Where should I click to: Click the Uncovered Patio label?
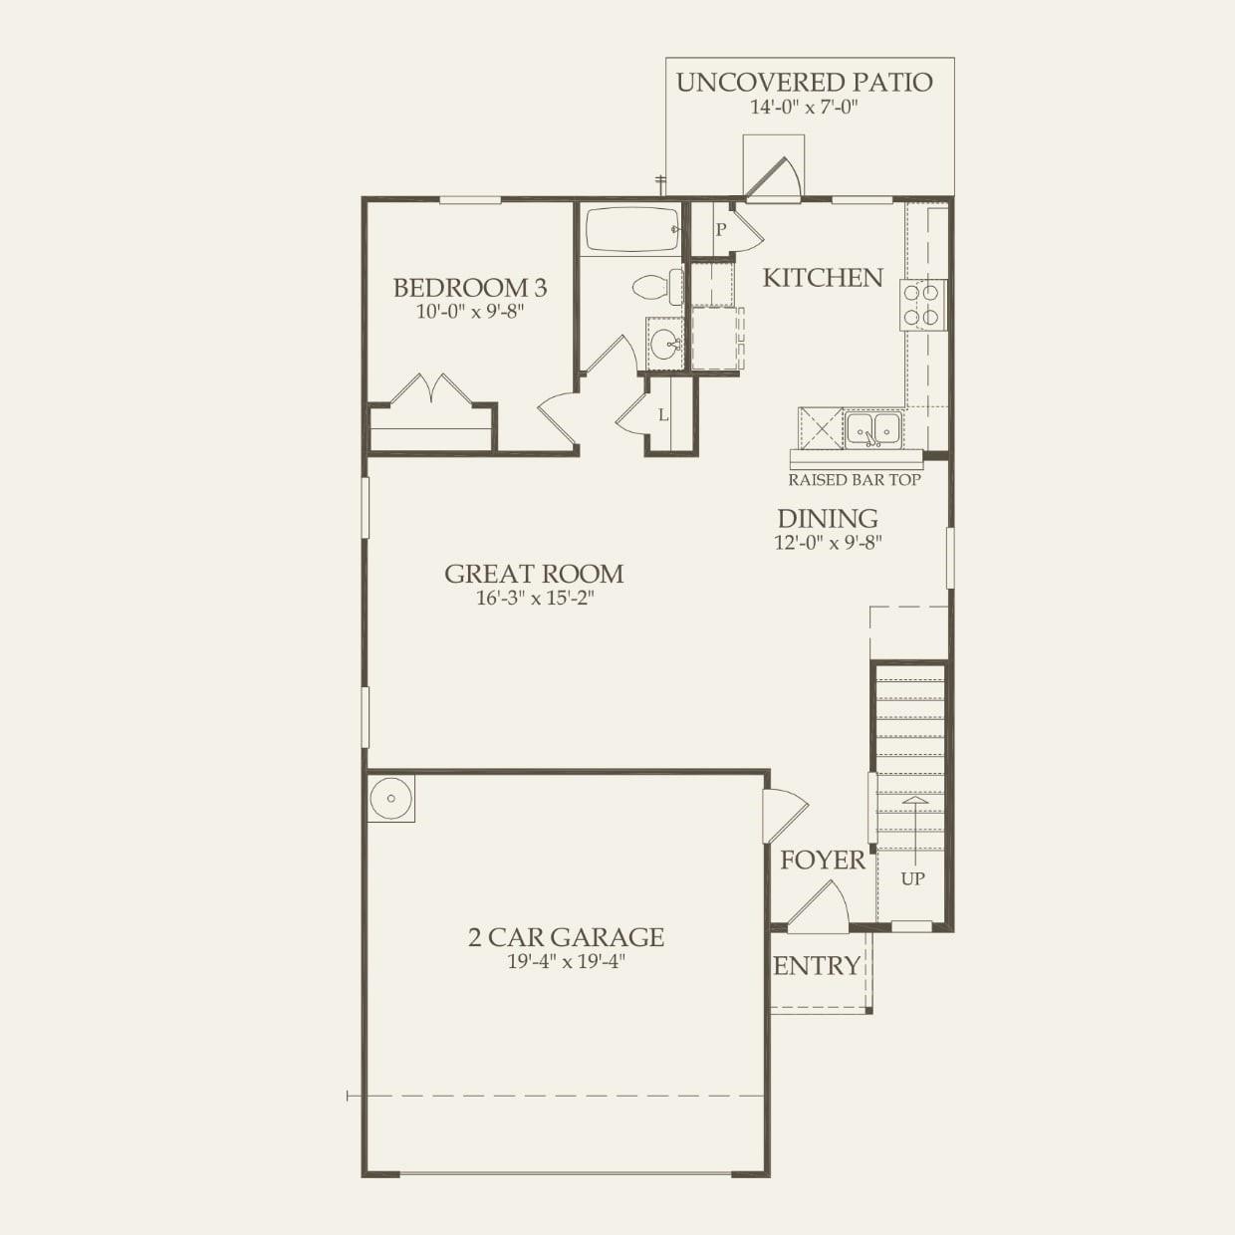pos(804,83)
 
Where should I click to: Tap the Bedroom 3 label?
pos(469,288)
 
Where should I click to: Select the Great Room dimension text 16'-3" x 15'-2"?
pos(535,599)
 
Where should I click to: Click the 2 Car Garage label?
pos(566,937)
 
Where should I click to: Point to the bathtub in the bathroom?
pos(631,229)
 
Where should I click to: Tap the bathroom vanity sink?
pos(664,345)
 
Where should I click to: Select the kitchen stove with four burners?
pos(922,306)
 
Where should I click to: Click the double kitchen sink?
pos(873,429)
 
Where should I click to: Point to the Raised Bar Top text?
pos(855,480)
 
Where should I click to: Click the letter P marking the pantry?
pos(721,230)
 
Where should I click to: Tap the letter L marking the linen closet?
pos(663,415)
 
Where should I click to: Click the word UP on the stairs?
pos(912,878)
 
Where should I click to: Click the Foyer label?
pos(822,861)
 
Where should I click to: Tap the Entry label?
pos(817,966)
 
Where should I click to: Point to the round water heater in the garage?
pos(390,798)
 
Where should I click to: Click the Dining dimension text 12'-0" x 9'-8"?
pos(828,543)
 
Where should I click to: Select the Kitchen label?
pos(823,278)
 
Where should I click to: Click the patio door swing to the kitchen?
pos(776,178)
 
